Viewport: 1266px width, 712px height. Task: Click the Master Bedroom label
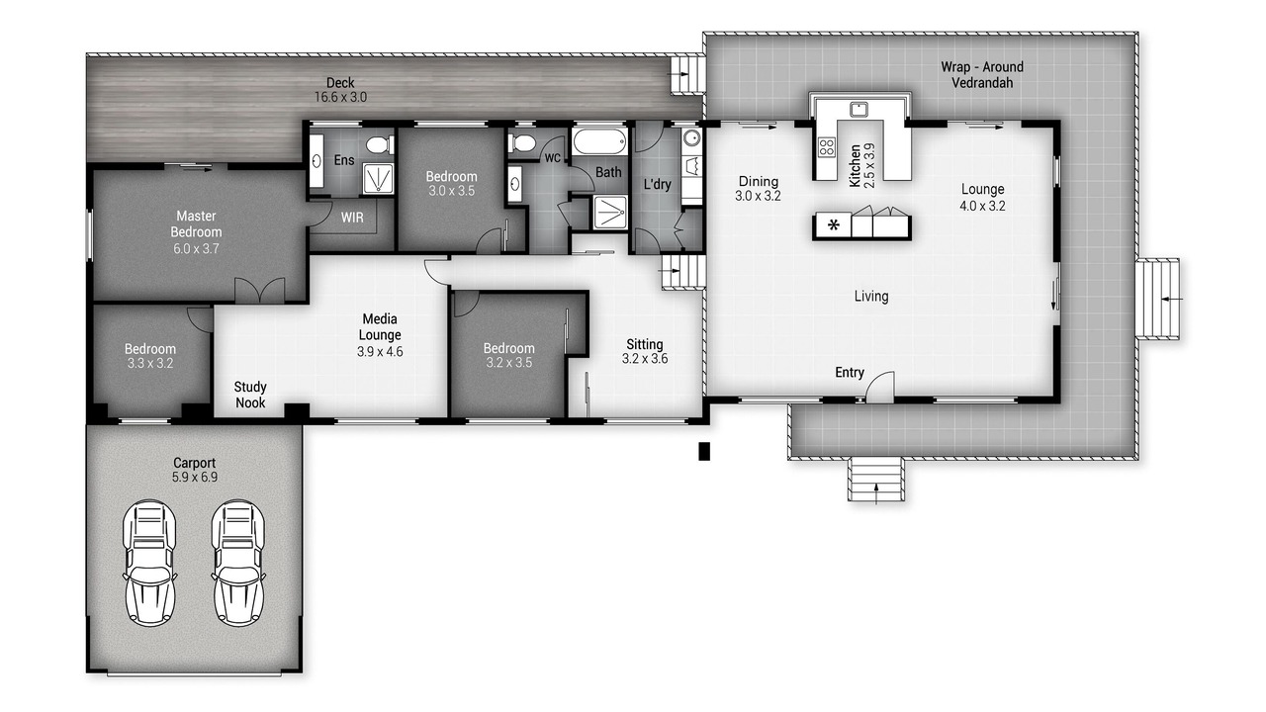196,223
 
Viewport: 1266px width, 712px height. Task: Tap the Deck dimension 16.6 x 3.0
340,97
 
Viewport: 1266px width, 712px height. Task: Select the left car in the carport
149,563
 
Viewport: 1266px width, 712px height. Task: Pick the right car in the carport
238,563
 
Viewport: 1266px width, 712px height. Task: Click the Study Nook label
250,395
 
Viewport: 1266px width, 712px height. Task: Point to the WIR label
352,218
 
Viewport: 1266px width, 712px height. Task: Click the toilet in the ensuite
380,145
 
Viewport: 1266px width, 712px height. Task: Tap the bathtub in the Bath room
599,141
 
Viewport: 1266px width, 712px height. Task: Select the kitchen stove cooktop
826,147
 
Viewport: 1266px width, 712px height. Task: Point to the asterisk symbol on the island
833,226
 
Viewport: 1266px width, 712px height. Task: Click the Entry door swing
880,387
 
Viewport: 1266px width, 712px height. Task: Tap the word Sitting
644,344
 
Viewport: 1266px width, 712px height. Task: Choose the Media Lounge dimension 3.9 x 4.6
380,351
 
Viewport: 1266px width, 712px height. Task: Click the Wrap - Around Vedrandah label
982,74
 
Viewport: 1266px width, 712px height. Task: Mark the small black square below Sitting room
704,451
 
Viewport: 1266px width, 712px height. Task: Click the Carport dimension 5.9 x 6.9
195,477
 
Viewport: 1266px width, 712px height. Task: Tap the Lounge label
983,189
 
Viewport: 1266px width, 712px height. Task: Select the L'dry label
658,184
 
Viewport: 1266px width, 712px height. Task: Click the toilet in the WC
521,143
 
